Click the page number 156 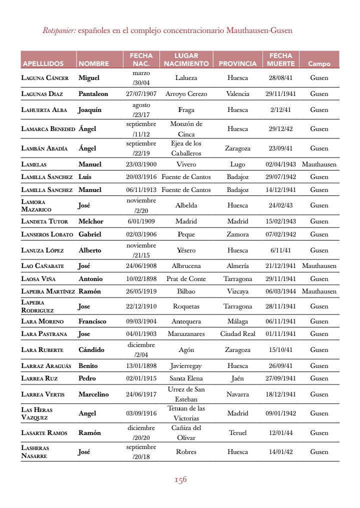click(180, 480)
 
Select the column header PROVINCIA click(237, 63)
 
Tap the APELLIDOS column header click(43, 64)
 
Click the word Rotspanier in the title click(59, 30)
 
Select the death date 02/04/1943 click(280, 164)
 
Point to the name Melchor click(91, 221)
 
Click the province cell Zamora click(237, 234)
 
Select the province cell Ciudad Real click(237, 333)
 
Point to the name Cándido click(91, 349)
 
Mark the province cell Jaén click(237, 378)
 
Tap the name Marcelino click(93, 394)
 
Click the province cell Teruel click(237, 432)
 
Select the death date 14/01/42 click(279, 451)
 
